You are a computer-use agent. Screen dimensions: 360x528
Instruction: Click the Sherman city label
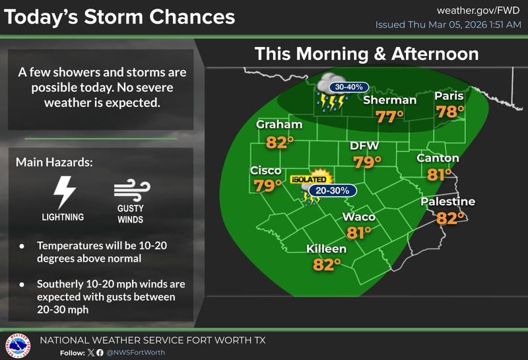390,100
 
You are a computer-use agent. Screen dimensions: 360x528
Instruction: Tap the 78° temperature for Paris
451,112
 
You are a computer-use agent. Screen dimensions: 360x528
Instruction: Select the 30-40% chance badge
350,87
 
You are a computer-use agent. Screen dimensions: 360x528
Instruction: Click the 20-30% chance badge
335,191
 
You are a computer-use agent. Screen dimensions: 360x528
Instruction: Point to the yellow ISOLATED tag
310,179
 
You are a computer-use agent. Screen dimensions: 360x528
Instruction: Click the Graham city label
279,125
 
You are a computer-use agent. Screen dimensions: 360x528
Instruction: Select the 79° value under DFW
368,162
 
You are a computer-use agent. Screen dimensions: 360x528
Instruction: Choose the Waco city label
359,217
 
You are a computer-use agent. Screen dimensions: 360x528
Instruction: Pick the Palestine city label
448,201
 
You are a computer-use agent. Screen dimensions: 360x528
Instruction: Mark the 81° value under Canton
438,174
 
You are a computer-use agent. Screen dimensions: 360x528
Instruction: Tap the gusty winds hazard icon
128,193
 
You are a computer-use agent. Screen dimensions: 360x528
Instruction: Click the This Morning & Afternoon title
366,53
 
